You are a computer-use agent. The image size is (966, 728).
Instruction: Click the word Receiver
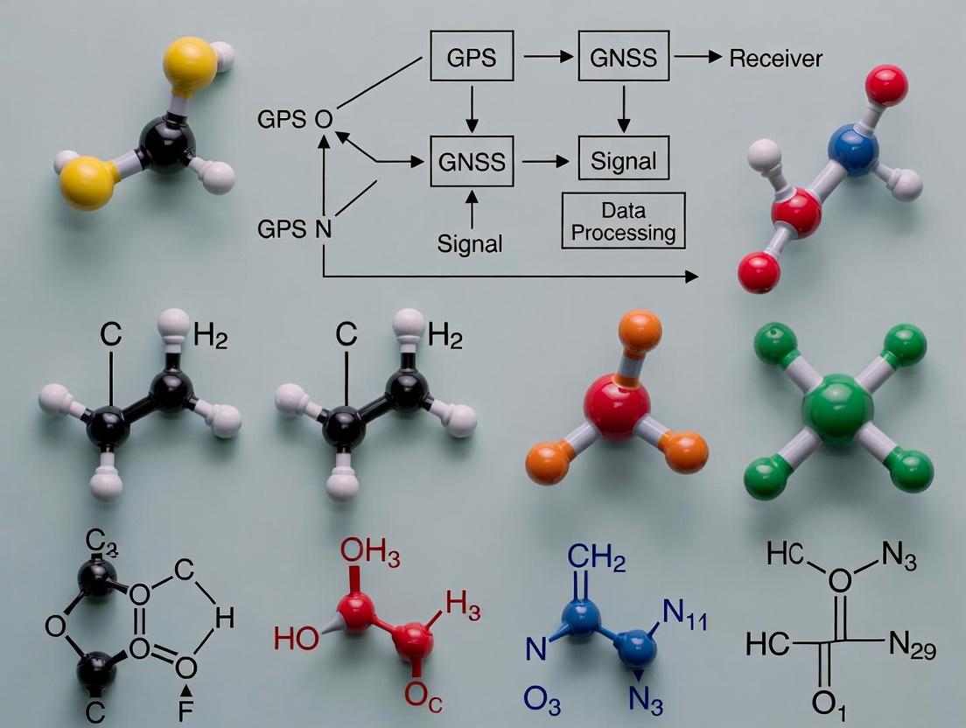click(x=775, y=59)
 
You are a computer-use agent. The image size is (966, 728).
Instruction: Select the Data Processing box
click(x=623, y=221)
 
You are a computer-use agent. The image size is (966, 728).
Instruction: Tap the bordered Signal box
click(x=623, y=161)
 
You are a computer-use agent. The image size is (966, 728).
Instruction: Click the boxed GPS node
click(x=472, y=59)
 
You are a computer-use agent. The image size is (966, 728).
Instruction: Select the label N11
click(x=684, y=619)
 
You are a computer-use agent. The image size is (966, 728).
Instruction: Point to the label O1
click(x=823, y=703)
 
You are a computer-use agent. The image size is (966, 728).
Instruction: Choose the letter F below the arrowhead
click(x=185, y=711)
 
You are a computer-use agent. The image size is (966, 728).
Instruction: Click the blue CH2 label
click(x=596, y=558)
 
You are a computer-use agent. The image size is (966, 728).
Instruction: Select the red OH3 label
click(x=367, y=552)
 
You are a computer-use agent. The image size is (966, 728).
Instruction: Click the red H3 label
click(x=462, y=603)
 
